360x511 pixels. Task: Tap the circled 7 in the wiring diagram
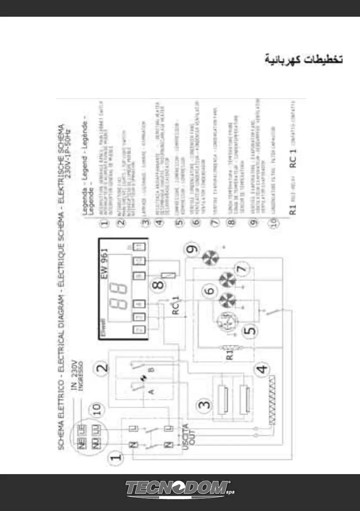[x=241, y=269]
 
